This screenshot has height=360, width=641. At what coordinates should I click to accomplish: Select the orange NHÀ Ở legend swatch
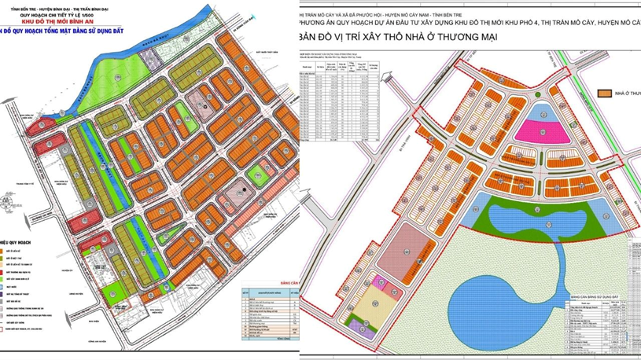click(606, 94)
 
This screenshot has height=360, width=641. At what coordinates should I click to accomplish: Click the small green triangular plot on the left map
click(255, 171)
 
